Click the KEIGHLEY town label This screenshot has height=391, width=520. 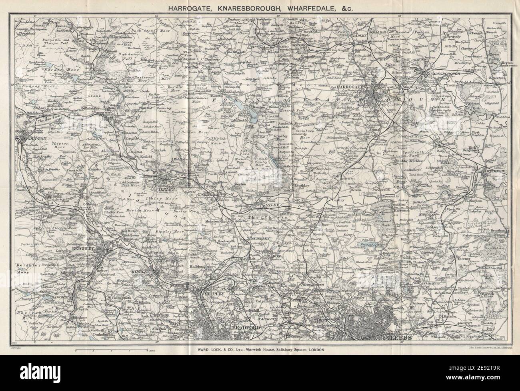pyautogui.click(x=82, y=249)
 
